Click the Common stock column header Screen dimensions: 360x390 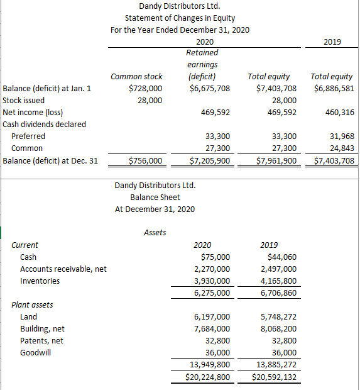(x=136, y=76)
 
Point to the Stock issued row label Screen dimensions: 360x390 (x=24, y=100)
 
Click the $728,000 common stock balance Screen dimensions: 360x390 (x=145, y=88)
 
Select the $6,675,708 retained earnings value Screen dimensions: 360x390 (x=209, y=88)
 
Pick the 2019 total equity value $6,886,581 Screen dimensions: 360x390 (x=334, y=88)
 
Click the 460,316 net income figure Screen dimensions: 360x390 (x=339, y=112)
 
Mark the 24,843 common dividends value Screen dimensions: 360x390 (x=342, y=148)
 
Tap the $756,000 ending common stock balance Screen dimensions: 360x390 (x=145, y=160)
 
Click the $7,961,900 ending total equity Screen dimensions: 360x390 (x=276, y=160)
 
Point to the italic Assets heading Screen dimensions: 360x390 (x=155, y=232)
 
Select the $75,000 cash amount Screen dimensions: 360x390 (x=215, y=257)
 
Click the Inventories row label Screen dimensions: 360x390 (x=40, y=281)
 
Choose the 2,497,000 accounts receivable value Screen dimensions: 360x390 (x=278, y=269)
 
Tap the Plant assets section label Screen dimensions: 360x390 (x=33, y=304)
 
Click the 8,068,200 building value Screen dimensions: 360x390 (x=278, y=328)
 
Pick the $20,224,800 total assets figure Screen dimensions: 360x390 (x=209, y=377)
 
